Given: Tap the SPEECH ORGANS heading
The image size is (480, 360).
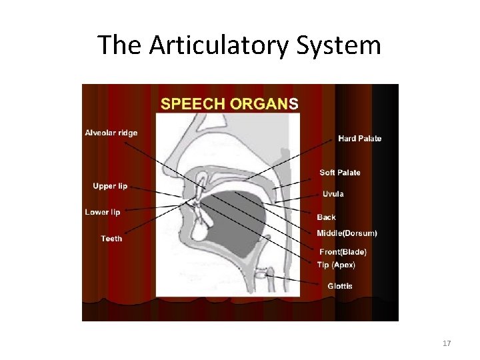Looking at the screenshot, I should point(230,103).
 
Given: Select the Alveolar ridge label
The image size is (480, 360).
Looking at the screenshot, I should point(111,133).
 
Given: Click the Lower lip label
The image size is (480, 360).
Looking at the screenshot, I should point(103,213).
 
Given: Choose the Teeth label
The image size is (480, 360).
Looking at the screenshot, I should point(111,239).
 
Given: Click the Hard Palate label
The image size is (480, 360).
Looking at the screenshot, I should point(360,139).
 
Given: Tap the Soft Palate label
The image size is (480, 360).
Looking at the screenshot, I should point(340,173).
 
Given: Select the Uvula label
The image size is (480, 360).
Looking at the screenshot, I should point(333,194).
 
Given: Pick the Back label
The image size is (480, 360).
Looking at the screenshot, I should point(327,217).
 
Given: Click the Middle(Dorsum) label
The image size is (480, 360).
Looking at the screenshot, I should point(347,233).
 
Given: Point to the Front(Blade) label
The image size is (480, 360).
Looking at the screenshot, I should point(343,252).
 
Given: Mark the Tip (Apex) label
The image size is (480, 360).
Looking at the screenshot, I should point(336,265).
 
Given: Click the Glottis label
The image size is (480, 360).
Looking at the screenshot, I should point(340,287).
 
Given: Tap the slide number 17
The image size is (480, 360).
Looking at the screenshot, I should point(447,343).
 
